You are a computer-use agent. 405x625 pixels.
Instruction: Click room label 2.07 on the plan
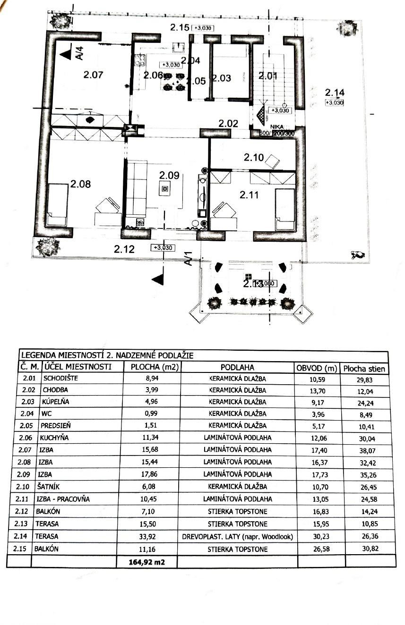point(93,74)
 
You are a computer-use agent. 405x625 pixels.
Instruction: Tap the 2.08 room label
point(80,184)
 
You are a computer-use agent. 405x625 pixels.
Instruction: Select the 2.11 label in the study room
point(250,194)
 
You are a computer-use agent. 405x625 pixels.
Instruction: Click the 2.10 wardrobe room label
point(254,158)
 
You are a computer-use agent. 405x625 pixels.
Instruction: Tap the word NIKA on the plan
point(277,127)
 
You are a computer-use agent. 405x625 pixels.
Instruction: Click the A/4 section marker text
point(80,53)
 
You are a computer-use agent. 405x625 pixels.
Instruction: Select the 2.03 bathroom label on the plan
point(221,78)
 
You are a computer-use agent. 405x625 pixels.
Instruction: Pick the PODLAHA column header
point(237,367)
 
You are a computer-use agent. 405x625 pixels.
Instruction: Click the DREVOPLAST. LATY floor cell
point(237,536)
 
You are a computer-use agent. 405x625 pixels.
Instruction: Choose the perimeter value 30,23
point(319,536)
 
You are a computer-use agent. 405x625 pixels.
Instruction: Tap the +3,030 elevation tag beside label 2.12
point(162,248)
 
